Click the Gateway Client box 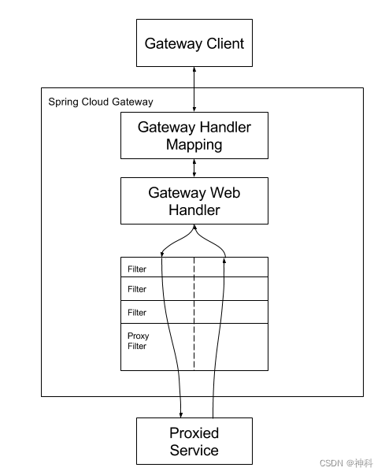point(194,43)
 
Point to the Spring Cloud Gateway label point(101,102)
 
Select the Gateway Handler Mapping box point(194,135)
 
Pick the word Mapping point(194,145)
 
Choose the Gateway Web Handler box point(194,201)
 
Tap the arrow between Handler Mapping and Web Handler point(194,167)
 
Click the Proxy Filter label point(138,341)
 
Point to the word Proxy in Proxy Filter point(138,336)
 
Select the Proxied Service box point(194,441)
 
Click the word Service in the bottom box point(194,451)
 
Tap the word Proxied point(194,432)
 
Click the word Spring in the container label point(62,102)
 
